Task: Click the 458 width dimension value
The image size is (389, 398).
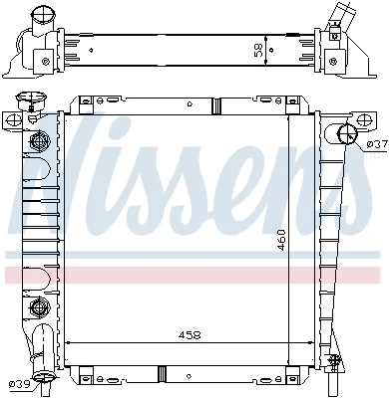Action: (x=190, y=335)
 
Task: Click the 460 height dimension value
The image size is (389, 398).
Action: (x=281, y=240)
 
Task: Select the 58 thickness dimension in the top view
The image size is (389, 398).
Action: (x=259, y=50)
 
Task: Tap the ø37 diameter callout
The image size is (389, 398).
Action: (x=377, y=144)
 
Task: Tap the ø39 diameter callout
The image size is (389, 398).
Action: (x=19, y=384)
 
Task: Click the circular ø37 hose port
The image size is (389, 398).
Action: (x=347, y=133)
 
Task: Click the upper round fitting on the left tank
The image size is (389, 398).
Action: (x=39, y=141)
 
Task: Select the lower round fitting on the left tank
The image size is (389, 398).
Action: (x=39, y=305)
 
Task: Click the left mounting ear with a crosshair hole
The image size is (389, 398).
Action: (x=13, y=119)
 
